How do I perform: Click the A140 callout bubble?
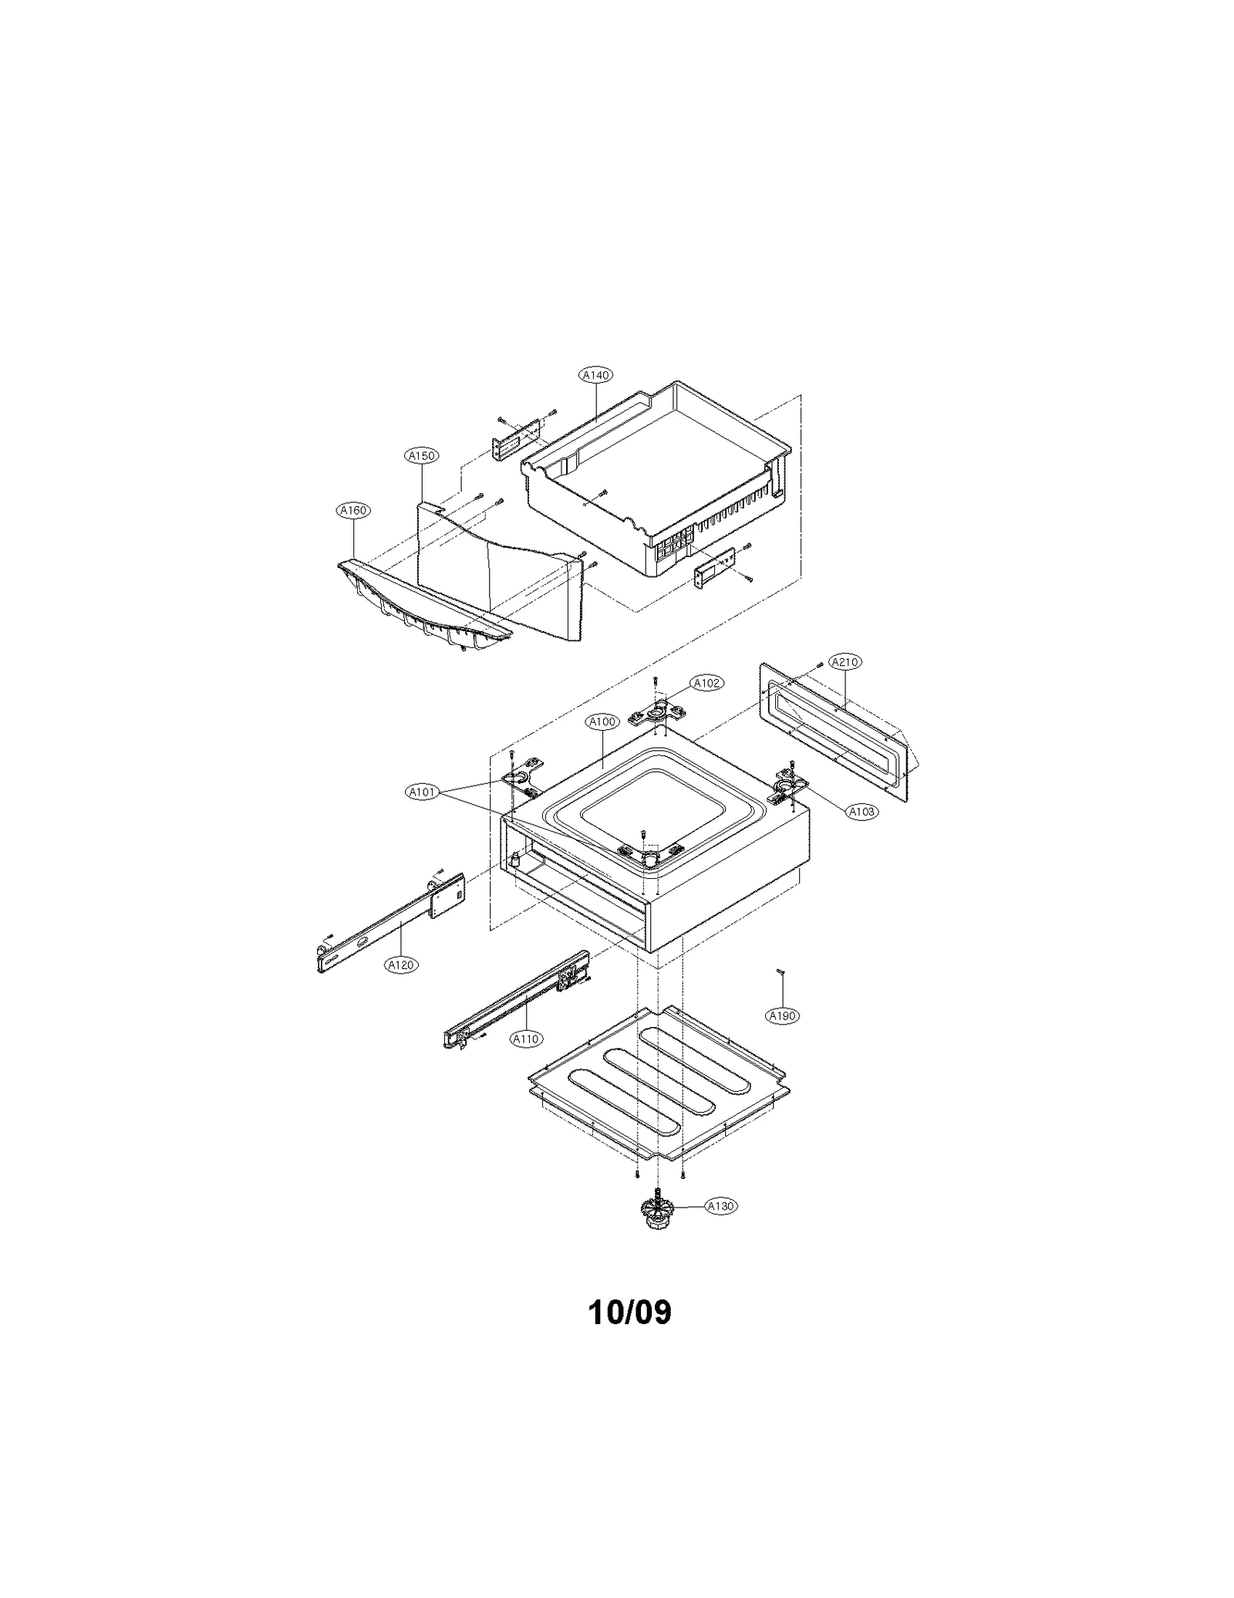click(595, 375)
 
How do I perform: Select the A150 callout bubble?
click(421, 456)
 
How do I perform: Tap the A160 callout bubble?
click(353, 510)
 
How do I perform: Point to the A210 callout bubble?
click(845, 661)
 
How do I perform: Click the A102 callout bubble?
click(706, 683)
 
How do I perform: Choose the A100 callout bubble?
click(602, 721)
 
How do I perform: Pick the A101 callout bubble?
click(423, 792)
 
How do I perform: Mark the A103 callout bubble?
click(861, 811)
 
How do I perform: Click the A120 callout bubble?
click(401, 965)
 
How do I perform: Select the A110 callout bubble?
click(525, 1039)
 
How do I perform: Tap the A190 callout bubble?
click(782, 1016)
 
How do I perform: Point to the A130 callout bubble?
click(720, 1206)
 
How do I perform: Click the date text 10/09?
click(629, 1312)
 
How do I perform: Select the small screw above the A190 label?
click(781, 971)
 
